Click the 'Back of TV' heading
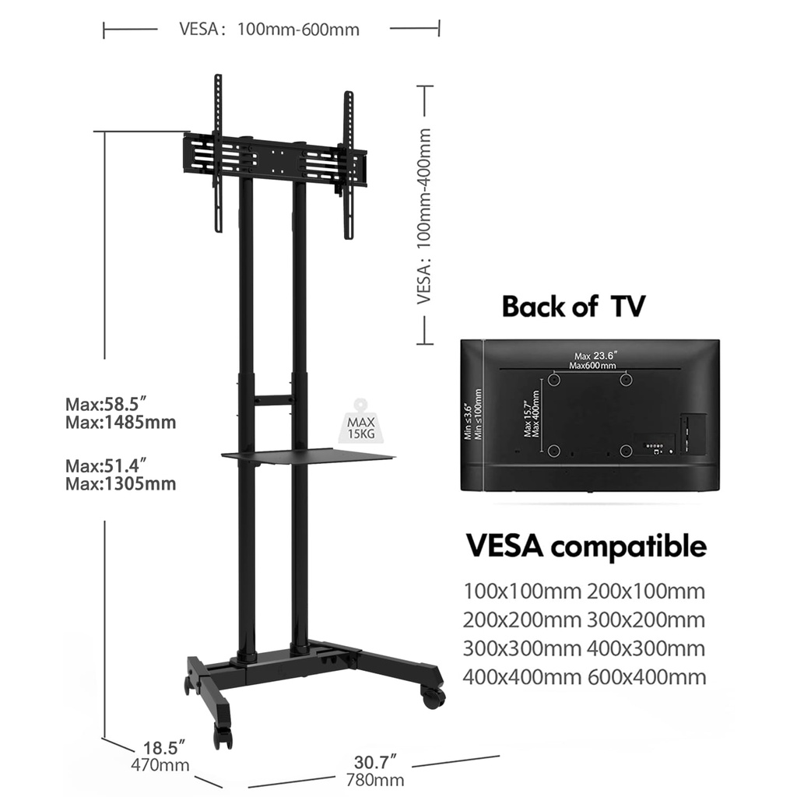click(573, 306)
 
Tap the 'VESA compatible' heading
click(585, 545)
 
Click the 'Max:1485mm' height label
click(121, 423)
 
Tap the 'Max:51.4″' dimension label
click(107, 466)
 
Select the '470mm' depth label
click(160, 765)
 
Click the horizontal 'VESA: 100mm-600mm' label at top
click(270, 30)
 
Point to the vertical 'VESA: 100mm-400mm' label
click(424, 215)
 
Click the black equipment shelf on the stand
click(288, 455)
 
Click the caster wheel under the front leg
click(223, 735)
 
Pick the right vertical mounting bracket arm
click(348, 164)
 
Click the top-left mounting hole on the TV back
click(553, 380)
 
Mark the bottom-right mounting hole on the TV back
click(625, 450)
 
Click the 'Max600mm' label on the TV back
click(592, 365)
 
